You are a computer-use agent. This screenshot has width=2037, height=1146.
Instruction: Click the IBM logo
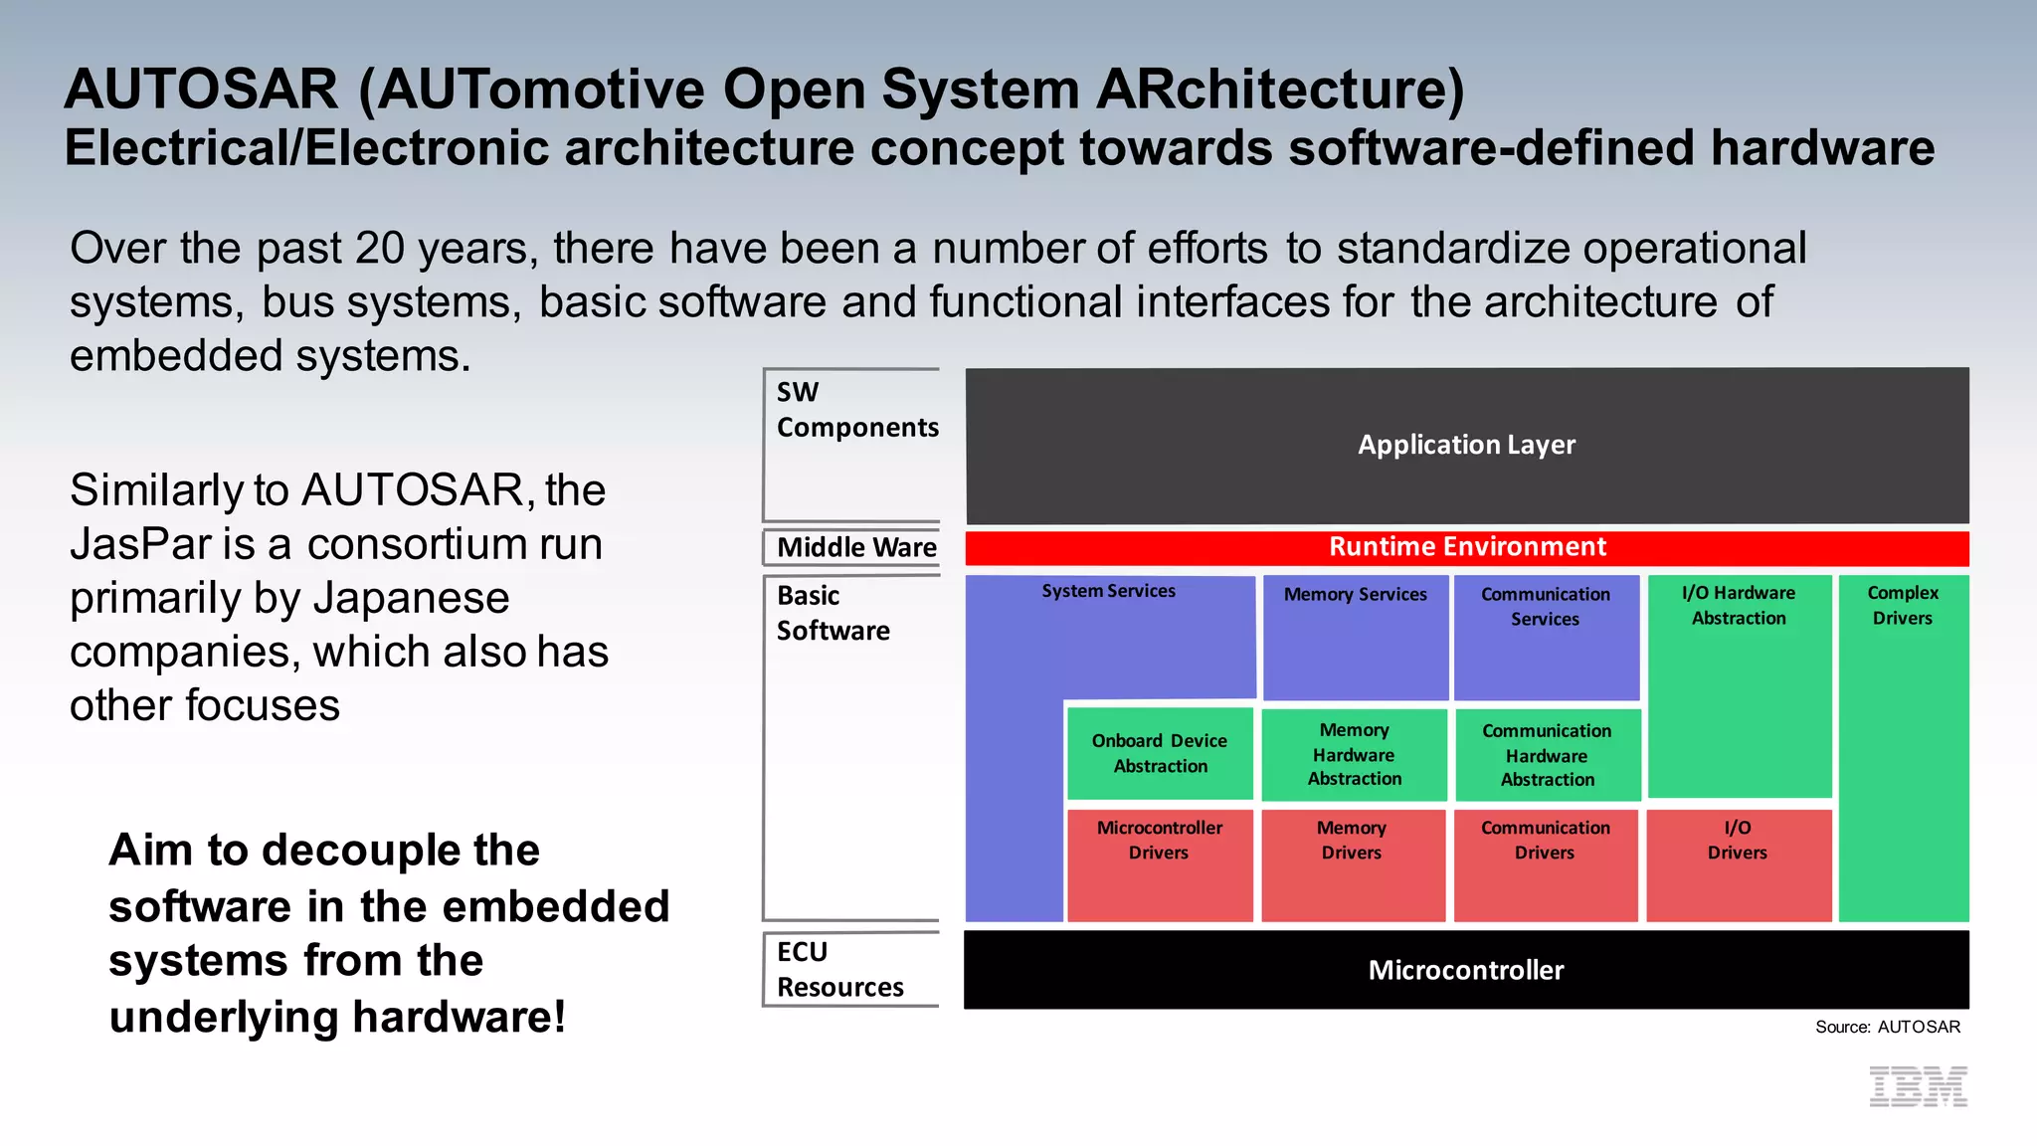(x=1918, y=1086)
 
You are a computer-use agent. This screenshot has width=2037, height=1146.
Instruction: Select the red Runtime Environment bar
(x=1467, y=547)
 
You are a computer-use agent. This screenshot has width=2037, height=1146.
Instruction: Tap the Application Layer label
(x=1467, y=445)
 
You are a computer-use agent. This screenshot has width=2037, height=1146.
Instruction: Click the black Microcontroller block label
(x=1466, y=970)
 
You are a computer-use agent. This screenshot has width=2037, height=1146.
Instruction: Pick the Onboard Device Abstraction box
(x=1160, y=753)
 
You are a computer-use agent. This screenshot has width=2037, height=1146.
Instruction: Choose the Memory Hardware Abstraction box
(x=1354, y=754)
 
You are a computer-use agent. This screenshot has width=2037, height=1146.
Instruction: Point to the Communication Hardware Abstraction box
(x=1547, y=755)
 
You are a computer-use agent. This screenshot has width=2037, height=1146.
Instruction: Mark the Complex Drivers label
(x=1903, y=605)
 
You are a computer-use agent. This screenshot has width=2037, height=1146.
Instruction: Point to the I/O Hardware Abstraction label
(x=1739, y=605)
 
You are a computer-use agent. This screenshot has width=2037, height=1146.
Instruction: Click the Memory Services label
(x=1355, y=595)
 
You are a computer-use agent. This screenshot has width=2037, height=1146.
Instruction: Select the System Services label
(x=1108, y=591)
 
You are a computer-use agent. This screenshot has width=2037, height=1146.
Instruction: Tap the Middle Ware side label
(x=855, y=547)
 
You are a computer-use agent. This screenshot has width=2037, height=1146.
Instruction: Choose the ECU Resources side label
(x=839, y=969)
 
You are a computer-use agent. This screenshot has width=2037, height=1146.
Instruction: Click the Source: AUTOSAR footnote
(x=1887, y=1027)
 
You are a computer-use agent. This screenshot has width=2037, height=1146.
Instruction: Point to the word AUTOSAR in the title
(x=201, y=90)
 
